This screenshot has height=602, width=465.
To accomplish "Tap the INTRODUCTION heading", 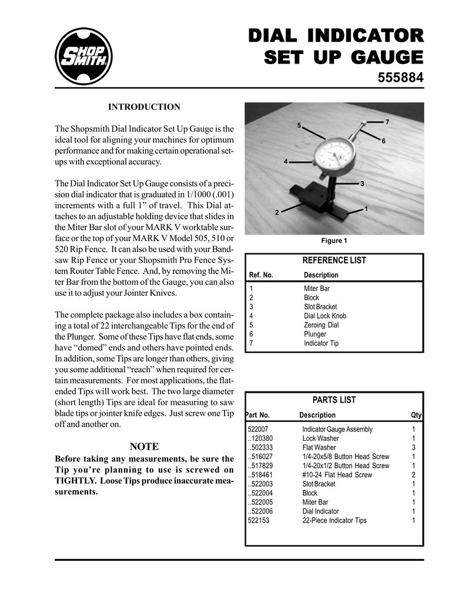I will click(144, 107).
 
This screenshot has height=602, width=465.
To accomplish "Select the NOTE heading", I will click(144, 446).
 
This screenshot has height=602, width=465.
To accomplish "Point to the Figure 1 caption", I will click(333, 240).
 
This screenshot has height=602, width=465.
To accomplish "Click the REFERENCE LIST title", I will click(334, 260).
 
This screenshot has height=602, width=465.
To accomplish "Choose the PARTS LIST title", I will click(334, 400).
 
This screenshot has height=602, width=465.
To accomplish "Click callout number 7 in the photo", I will click(387, 121).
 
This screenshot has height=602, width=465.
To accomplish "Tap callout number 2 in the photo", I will click(276, 212).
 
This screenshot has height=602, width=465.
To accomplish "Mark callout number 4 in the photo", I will click(286, 161).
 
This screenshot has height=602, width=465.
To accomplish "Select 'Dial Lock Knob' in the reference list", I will click(325, 316).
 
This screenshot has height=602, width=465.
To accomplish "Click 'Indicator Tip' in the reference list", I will click(321, 343).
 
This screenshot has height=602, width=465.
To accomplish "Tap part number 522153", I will click(259, 520).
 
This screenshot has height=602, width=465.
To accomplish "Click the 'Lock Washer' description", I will click(320, 439).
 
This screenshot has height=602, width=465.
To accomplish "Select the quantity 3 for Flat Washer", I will click(414, 447).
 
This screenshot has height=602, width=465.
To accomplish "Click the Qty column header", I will click(416, 415).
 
